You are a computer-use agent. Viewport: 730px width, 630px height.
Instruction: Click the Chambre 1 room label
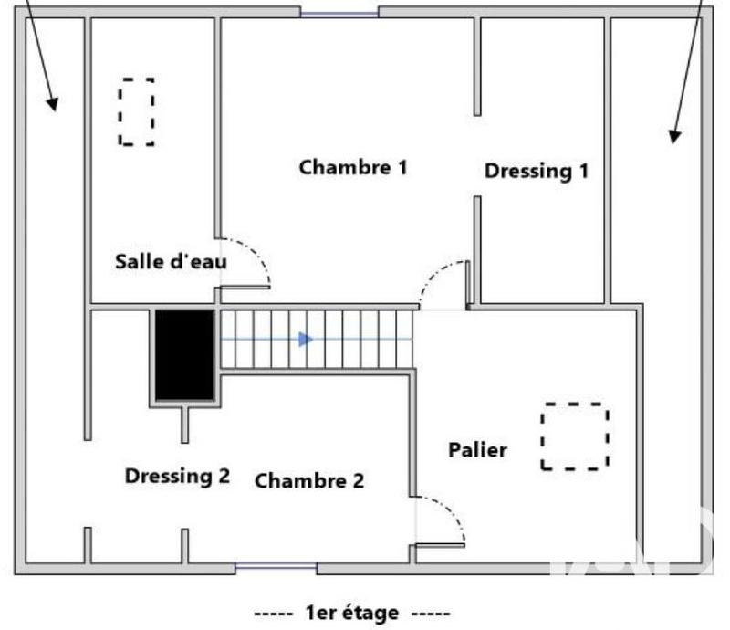353,168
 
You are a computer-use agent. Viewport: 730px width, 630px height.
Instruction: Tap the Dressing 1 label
536,171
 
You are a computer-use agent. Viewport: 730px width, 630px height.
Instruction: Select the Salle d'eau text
171,261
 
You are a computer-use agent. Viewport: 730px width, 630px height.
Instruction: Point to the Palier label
477,450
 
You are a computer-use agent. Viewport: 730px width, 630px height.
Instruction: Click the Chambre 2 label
309,481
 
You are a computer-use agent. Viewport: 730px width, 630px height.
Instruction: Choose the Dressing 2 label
177,476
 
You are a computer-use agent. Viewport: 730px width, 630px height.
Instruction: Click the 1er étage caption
352,613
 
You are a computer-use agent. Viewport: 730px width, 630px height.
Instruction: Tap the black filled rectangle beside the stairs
184,355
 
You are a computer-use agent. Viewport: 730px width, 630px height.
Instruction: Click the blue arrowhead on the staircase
306,340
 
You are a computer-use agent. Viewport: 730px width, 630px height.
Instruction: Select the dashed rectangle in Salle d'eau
136,111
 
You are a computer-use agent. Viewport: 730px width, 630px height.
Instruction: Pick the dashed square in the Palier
574,436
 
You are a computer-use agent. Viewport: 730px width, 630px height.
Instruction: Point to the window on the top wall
339,13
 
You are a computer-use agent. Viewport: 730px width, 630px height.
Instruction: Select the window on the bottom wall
276,569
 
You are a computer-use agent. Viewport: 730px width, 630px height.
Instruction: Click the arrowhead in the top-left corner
52,103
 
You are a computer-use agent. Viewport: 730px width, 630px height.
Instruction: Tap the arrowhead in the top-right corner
674,136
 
